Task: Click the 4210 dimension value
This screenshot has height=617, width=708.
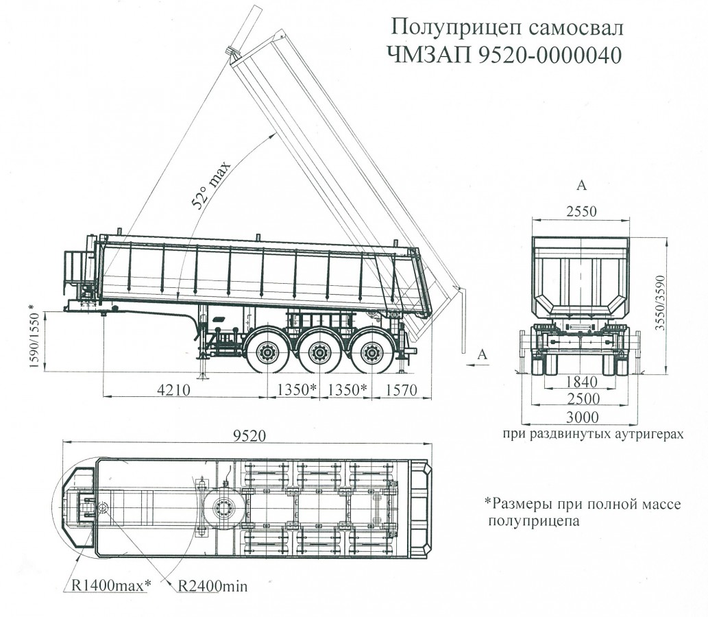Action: point(175,389)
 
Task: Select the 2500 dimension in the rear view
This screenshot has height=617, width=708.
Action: point(579,399)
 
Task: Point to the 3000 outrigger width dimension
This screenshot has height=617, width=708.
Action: point(579,417)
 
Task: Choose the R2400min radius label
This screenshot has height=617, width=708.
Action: point(212,586)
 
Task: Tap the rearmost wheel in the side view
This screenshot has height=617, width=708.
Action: point(371,354)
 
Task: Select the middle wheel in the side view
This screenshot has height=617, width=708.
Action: point(318,354)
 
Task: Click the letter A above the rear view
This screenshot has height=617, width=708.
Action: point(581,185)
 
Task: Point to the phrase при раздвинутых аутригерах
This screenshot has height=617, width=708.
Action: point(593,434)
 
